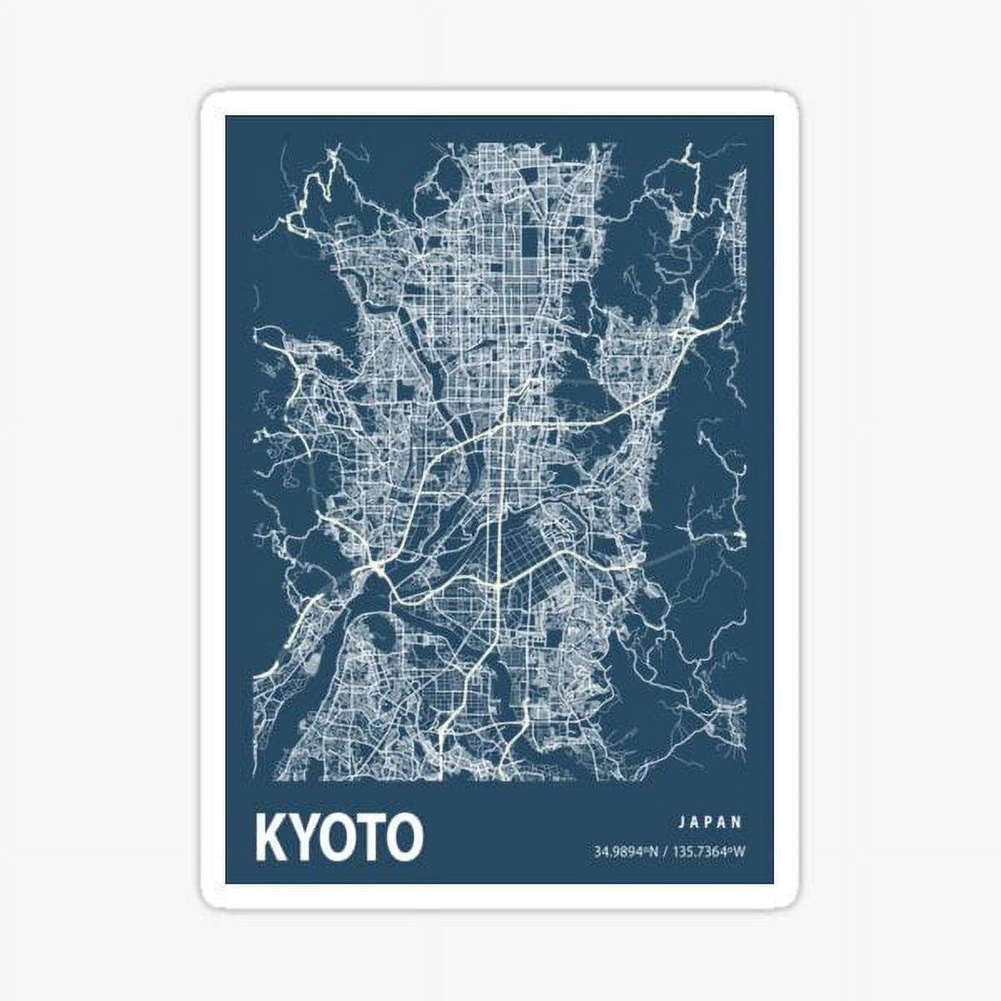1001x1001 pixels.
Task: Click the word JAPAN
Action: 710,822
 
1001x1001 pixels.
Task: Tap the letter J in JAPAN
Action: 682,822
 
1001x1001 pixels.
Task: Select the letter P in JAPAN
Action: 710,822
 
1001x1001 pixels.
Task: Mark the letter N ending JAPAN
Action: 737,822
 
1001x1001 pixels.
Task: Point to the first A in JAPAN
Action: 696,822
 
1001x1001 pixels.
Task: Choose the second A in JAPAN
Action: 723,822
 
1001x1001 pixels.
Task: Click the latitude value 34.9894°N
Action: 626,852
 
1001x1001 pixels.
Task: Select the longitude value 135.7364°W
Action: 708,852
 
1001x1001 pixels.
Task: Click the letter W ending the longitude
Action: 739,852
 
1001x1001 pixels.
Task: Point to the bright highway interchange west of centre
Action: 373,570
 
